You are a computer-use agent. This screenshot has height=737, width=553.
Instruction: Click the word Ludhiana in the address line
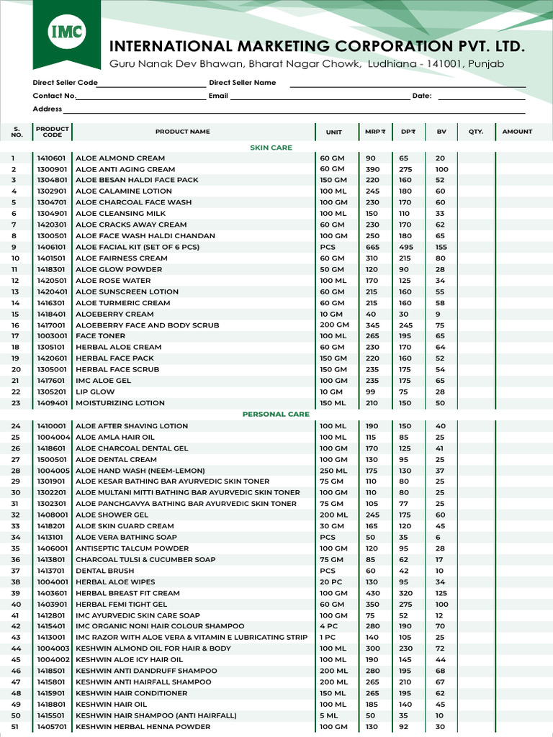point(392,64)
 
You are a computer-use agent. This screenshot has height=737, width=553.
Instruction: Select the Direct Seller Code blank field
point(151,83)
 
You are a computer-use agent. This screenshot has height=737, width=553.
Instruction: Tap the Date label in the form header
point(421,96)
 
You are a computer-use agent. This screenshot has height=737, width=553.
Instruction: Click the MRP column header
point(374,132)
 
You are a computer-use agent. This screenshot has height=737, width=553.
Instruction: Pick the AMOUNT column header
point(517,132)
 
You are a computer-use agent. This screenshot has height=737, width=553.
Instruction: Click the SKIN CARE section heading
point(271,148)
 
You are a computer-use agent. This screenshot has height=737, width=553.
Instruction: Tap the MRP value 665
point(372,247)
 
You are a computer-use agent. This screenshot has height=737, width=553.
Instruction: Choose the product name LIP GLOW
point(95,392)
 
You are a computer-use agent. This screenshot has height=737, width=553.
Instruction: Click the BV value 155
point(441,247)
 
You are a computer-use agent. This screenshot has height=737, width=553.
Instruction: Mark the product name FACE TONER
point(100,336)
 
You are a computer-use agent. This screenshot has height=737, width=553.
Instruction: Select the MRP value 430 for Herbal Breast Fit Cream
point(372,593)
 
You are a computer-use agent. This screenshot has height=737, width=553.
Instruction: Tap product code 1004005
point(53,471)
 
